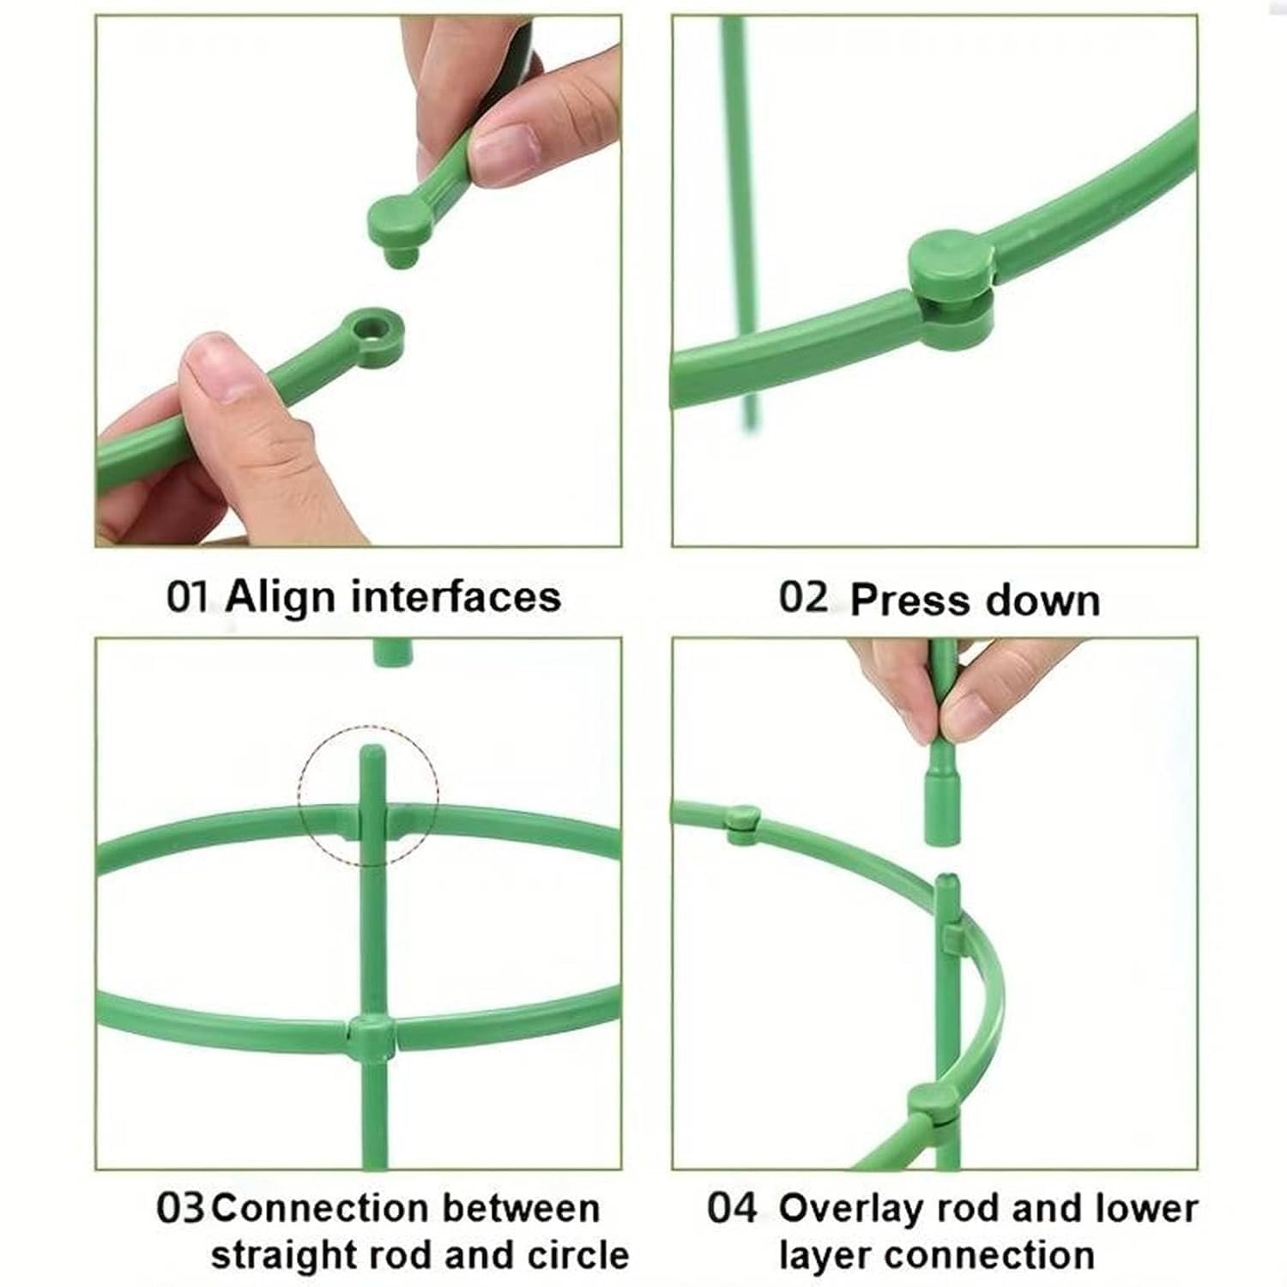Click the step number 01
(x=187, y=597)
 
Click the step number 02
(x=803, y=597)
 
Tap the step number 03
(x=180, y=1208)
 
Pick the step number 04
(x=732, y=1208)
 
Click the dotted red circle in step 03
(x=369, y=794)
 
